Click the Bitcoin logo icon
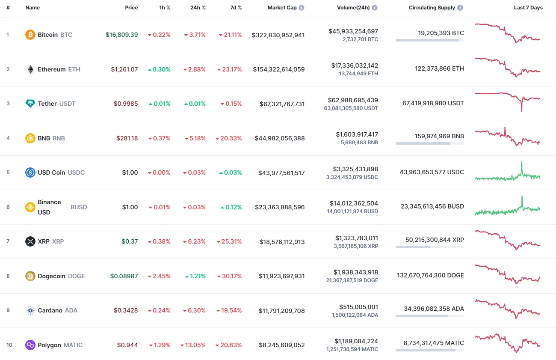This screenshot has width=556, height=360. [x=30, y=35]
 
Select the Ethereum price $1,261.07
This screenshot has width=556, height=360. [x=124, y=69]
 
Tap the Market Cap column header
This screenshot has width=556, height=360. [x=282, y=8]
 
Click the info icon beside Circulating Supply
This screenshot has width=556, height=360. [x=460, y=8]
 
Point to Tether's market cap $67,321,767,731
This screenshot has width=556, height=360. [x=282, y=104]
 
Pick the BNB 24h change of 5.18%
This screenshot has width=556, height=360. [x=195, y=138]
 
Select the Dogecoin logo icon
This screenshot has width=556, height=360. [x=30, y=276]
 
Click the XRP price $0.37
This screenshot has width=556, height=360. [x=130, y=241]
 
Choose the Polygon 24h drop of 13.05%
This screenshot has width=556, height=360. [x=193, y=345]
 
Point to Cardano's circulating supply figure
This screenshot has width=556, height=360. [x=434, y=309]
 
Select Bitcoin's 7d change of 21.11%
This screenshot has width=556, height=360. [x=230, y=35]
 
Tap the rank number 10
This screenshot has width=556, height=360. [x=9, y=345]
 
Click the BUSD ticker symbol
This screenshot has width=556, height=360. [x=79, y=207]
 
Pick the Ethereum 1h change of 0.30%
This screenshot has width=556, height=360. [x=159, y=69]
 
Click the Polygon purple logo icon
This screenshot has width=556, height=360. [x=30, y=345]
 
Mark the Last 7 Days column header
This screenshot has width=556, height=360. [x=528, y=8]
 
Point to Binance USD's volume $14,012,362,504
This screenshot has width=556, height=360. [x=354, y=203]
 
